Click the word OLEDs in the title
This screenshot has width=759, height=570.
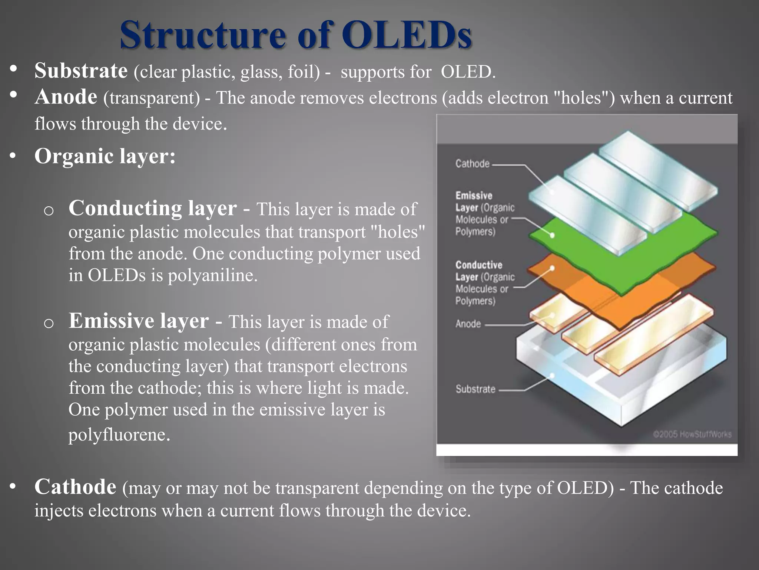point(406,35)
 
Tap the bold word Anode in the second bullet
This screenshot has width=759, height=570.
point(66,97)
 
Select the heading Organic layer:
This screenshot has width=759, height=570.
point(105,156)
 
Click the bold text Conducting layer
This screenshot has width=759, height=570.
point(152,208)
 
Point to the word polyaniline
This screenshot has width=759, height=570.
point(212,276)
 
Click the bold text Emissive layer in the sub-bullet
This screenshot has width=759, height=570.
point(139,321)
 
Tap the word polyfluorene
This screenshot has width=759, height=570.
point(119,435)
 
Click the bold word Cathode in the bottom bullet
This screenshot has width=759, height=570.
point(75,487)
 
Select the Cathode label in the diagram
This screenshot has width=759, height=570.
point(472,164)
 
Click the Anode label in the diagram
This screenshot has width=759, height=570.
point(468,324)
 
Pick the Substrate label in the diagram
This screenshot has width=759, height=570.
point(475,389)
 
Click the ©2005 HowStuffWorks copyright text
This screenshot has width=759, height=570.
point(692,434)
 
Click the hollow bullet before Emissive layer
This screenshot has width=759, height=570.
point(49,324)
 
